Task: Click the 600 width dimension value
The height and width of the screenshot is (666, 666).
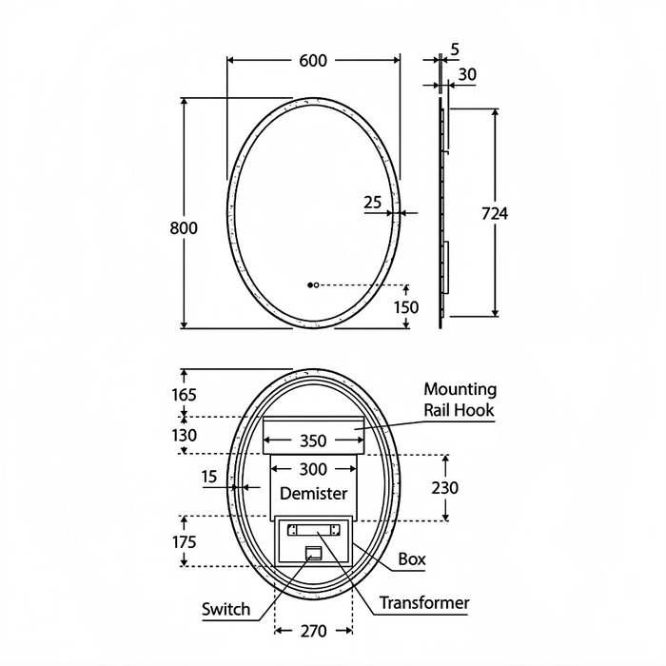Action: [313, 60]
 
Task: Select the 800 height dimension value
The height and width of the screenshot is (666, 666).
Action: [184, 227]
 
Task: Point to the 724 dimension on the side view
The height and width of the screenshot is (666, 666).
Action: [495, 214]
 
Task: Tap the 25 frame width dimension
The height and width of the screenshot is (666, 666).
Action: [373, 202]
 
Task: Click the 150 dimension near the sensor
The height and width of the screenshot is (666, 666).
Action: [406, 306]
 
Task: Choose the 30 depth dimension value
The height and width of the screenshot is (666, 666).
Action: [468, 73]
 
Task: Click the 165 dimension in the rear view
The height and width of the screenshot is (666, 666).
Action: [184, 394]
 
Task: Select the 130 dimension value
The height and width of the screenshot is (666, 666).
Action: [184, 435]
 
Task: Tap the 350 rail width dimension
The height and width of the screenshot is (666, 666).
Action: [313, 441]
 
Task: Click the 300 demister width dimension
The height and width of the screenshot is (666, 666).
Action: [313, 469]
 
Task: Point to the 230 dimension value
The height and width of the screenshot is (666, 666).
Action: [444, 487]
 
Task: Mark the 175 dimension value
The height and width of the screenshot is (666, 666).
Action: [184, 541]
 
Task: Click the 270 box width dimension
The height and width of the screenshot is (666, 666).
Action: [313, 631]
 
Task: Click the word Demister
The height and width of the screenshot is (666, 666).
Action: [313, 493]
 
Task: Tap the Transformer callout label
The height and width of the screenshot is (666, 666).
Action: [424, 603]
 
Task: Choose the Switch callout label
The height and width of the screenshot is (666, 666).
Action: [226, 609]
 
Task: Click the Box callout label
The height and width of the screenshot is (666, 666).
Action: [411, 559]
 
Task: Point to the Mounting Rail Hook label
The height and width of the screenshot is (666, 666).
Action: [460, 400]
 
